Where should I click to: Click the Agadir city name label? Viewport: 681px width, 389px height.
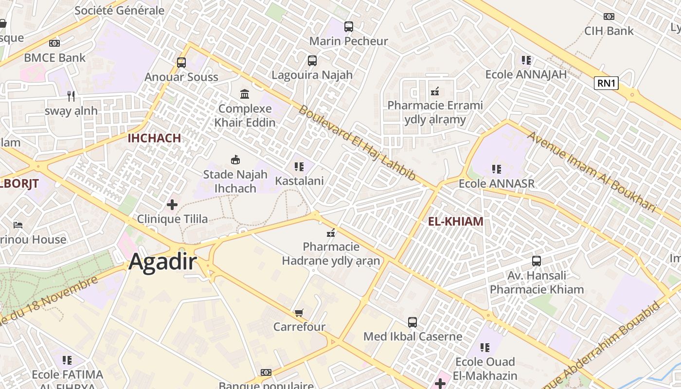pyautogui.click(x=162, y=262)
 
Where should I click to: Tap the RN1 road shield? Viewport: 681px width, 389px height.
pyautogui.click(x=606, y=83)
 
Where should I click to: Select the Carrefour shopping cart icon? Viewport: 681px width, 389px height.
pyautogui.click(x=299, y=313)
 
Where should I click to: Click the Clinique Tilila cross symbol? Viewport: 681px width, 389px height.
pyautogui.click(x=172, y=205)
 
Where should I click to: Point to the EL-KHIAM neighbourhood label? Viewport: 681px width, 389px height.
pyautogui.click(x=456, y=222)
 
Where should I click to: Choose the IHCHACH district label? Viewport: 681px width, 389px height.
pyautogui.click(x=154, y=138)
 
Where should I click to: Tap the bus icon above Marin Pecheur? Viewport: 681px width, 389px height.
pyautogui.click(x=348, y=27)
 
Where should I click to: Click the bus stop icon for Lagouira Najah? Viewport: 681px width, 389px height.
pyautogui.click(x=312, y=61)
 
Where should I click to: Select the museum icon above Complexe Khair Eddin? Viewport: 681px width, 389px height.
pyautogui.click(x=245, y=93)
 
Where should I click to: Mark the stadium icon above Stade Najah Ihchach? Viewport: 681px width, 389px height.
pyautogui.click(x=235, y=159)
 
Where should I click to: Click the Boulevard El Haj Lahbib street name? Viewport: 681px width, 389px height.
pyautogui.click(x=358, y=143)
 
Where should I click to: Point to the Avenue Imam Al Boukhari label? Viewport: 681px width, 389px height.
pyautogui.click(x=592, y=172)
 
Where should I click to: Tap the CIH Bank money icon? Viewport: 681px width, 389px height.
pyautogui.click(x=609, y=17)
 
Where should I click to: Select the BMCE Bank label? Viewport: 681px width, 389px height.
pyautogui.click(x=54, y=57)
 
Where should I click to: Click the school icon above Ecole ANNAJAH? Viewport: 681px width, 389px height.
pyautogui.click(x=526, y=60)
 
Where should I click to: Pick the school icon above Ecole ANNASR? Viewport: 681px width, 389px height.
pyautogui.click(x=496, y=169)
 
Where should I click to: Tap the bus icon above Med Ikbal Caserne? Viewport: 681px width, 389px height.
pyautogui.click(x=412, y=322)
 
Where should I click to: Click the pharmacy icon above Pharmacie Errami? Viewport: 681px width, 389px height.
pyautogui.click(x=435, y=91)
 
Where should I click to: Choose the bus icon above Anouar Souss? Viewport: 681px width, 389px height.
pyautogui.click(x=181, y=62)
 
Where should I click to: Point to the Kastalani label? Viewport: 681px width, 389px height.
pyautogui.click(x=299, y=181)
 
